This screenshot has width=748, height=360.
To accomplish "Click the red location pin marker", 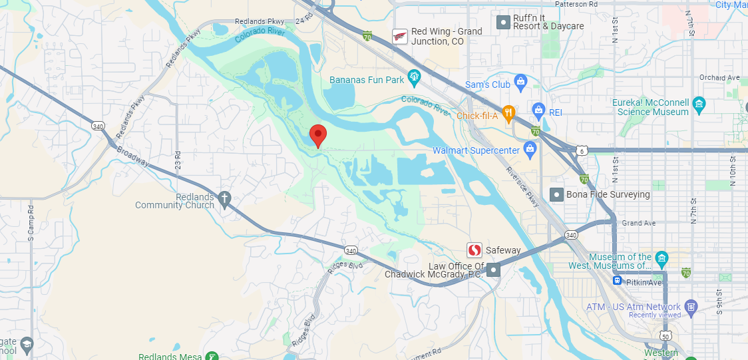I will click(318, 135).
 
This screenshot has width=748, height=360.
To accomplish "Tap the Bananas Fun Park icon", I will click(415, 78).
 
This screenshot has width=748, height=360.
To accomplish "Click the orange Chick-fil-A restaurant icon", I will click(508, 114).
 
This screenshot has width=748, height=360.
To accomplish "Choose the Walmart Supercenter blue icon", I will click(530, 149).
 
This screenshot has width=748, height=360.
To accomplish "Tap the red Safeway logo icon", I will click(474, 250).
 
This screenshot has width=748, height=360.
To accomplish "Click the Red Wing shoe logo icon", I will click(400, 36).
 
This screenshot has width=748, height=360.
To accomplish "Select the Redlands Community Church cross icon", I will click(225, 199).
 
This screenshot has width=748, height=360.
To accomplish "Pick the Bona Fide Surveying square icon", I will click(557, 194).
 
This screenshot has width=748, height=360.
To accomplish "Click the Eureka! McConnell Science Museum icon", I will click(698, 104).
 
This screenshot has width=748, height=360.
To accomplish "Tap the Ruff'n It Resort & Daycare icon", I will click(504, 22).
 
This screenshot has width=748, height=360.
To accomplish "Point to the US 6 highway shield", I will click(582, 151).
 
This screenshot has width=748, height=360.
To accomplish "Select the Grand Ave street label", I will click(636, 223).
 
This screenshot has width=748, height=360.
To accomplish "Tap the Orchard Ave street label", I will click(720, 78).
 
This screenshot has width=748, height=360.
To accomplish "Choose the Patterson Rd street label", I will click(576, 4).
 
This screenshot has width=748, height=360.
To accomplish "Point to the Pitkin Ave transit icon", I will click(618, 281).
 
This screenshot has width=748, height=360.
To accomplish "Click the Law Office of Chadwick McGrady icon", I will click(493, 270).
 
